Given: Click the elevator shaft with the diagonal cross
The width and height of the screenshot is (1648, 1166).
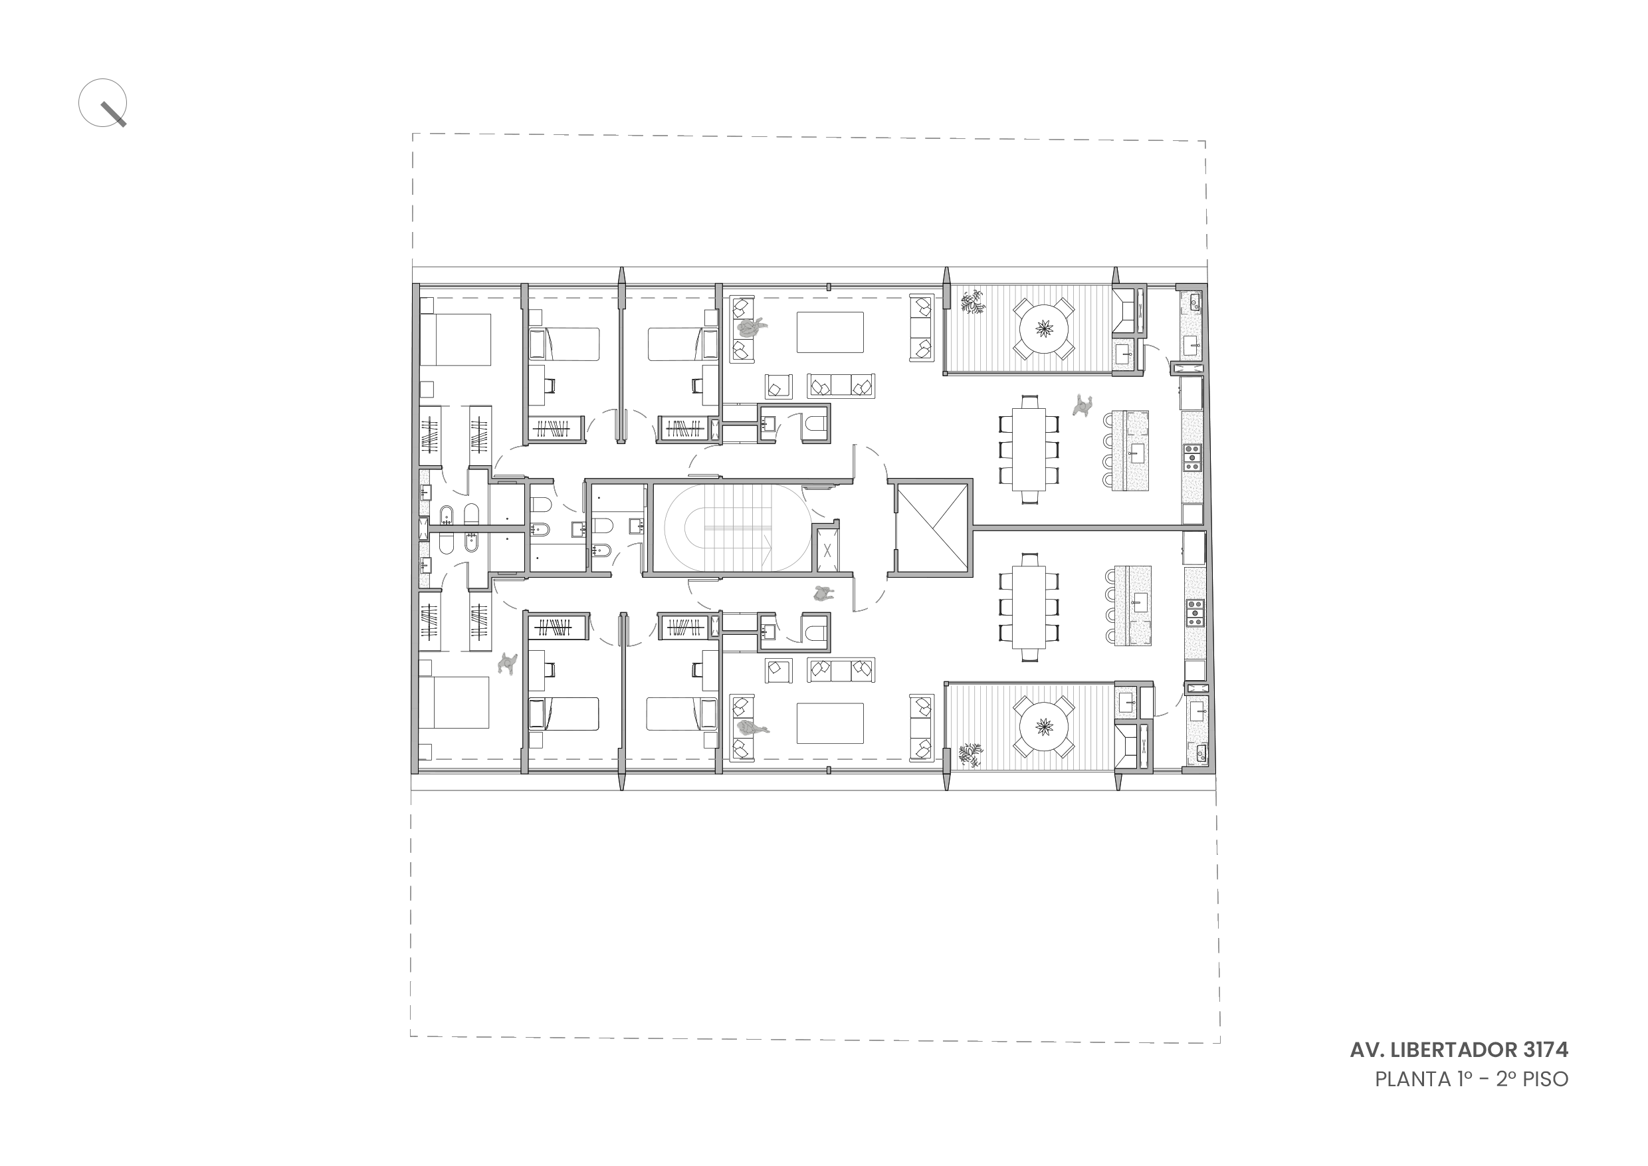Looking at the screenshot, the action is (931, 527).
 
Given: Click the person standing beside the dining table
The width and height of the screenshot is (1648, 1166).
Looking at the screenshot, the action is (1082, 406).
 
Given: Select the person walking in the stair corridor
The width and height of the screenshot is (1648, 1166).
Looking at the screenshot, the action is (824, 594).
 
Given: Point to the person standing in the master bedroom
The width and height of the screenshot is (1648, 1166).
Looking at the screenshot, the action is (508, 663).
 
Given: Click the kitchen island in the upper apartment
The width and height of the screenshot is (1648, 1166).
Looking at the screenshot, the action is (1130, 450).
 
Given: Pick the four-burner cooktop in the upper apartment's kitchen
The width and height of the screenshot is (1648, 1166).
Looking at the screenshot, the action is (1192, 457).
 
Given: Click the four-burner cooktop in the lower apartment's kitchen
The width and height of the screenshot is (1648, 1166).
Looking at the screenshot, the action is (1194, 613).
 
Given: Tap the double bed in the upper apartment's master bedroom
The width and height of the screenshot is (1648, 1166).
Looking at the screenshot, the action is (455, 340).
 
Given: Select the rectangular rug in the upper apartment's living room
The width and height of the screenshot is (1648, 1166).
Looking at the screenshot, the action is (830, 332).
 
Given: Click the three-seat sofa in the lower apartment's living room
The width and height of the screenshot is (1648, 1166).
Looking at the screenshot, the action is (841, 670).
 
